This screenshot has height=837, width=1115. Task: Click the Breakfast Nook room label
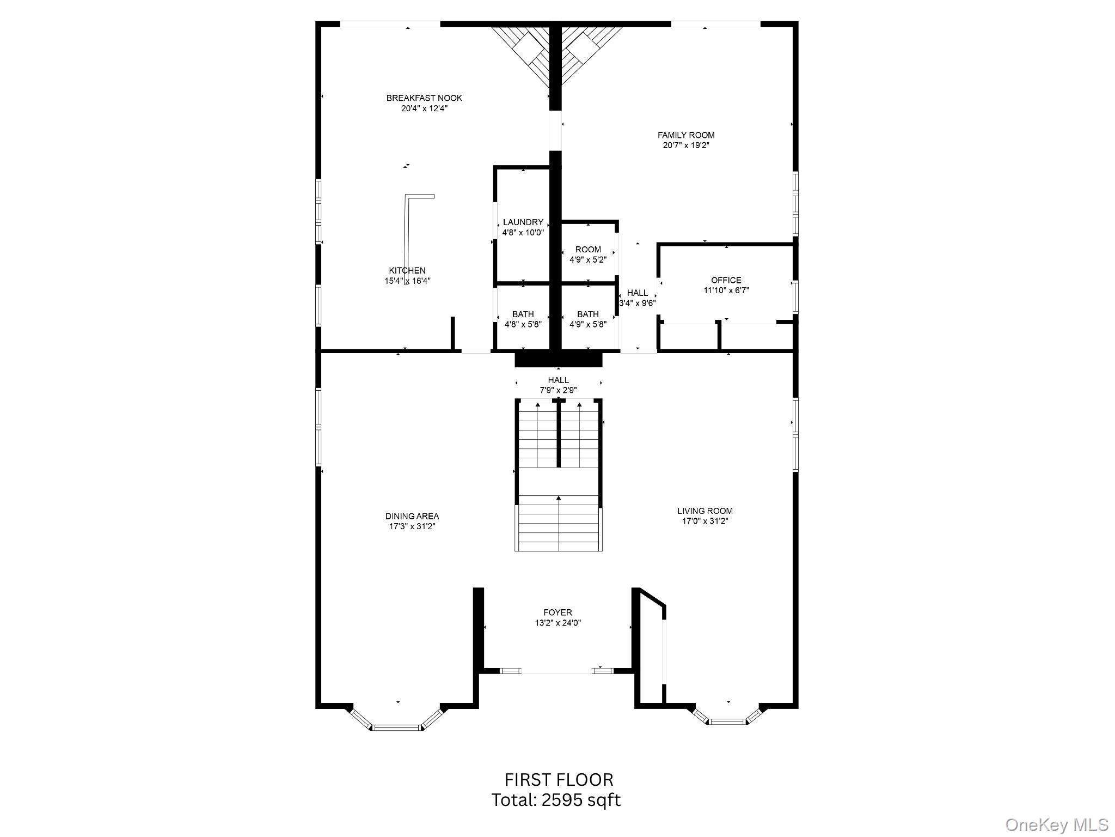pos(424,98)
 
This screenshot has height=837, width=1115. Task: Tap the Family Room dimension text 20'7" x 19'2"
pos(685,145)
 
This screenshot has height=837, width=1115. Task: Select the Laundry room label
pos(523,222)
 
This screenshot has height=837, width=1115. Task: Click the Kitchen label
pos(407,271)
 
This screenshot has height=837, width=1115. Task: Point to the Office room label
pos(726,280)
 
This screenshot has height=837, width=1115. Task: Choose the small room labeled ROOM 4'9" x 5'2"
pos(588,254)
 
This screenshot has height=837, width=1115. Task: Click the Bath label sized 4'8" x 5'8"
pos(523,319)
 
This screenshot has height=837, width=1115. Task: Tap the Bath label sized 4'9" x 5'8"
pos(588,319)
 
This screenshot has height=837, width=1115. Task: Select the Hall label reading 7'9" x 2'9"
pos(558,385)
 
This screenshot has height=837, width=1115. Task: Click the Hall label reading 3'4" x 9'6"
pos(637,298)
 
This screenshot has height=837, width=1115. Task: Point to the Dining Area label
pos(412,516)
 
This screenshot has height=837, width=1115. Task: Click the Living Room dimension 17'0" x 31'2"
pos(705,521)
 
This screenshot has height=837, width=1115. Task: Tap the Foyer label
pos(557,612)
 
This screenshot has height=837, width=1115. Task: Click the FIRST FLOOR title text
pos(559,780)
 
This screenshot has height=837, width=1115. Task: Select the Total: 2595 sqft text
pos(556,800)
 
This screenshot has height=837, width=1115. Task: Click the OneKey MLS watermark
pos(1056,824)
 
